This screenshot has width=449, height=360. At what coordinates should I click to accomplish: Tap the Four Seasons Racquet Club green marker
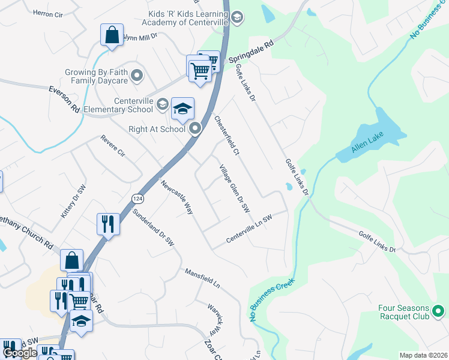(x=438, y=311)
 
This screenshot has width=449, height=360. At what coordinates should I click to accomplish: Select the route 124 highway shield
(x=137, y=198)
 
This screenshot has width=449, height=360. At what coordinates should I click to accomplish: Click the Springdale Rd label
(x=251, y=52)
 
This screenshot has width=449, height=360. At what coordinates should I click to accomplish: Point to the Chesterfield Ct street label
(x=227, y=136)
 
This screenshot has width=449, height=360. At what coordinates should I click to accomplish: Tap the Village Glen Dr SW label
(x=234, y=188)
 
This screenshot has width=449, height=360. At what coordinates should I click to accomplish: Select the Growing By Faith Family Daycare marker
(x=137, y=76)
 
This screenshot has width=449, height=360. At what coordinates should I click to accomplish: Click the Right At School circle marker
(x=195, y=128)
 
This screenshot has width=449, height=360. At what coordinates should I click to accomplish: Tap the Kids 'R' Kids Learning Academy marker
(x=237, y=17)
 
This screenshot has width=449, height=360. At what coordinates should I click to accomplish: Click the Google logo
(x=20, y=353)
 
